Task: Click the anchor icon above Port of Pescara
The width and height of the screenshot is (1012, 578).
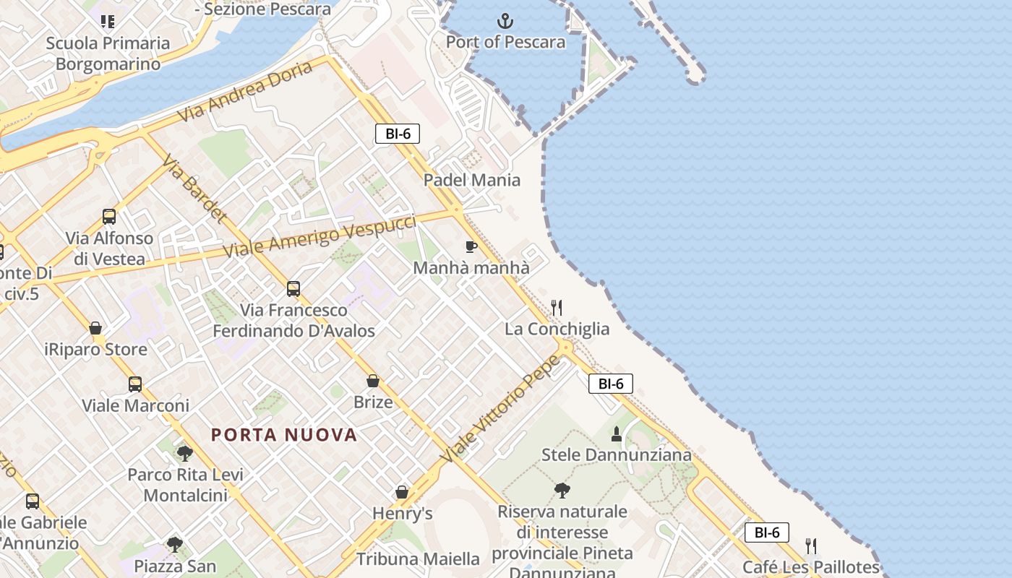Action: coord(506,21)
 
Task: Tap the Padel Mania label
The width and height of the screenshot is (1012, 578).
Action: coord(472,180)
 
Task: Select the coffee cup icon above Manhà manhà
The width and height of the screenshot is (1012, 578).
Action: coord(471,247)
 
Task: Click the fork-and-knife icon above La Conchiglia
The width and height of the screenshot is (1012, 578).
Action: coord(557,308)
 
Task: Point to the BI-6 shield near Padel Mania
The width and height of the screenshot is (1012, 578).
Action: coord(398,134)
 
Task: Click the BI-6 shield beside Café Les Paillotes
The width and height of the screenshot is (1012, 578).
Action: coord(766,532)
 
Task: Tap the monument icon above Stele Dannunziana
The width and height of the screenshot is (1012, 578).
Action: coord(617,434)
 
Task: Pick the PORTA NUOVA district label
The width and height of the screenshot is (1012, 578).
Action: coord(284,435)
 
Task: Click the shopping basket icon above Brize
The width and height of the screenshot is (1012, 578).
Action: coord(373,381)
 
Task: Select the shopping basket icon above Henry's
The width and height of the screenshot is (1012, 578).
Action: coord(402,493)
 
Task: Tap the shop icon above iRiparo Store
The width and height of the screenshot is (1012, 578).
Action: coord(95,329)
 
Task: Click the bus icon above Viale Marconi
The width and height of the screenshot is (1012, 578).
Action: coord(135,384)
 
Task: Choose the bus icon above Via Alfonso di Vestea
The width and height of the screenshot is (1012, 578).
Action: coord(109,217)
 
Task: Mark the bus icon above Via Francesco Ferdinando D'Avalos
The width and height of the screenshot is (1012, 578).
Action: coord(293,289)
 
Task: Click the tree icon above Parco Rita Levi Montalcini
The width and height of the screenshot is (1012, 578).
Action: coord(185,454)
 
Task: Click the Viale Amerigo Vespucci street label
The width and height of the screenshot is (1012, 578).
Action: coord(320,236)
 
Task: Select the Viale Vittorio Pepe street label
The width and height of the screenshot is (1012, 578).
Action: coord(501,408)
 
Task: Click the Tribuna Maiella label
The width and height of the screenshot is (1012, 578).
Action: coord(418,558)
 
